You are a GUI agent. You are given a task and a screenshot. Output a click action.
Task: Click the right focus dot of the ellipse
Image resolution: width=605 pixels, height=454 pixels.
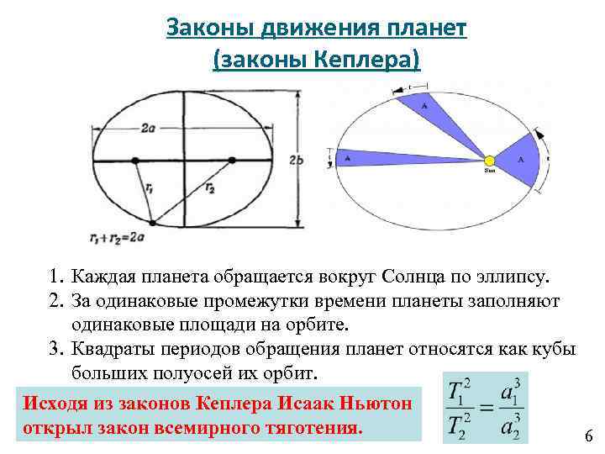click(230, 159)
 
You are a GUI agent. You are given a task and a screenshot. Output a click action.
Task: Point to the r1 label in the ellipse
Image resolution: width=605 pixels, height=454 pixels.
click(148, 189)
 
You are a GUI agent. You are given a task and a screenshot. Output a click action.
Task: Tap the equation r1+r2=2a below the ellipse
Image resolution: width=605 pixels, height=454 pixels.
click(115, 238)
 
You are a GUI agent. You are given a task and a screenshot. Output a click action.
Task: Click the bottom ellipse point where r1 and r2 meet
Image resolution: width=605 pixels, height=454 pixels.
click(152, 224)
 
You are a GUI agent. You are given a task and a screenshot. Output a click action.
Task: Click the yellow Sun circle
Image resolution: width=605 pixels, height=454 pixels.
click(488, 159)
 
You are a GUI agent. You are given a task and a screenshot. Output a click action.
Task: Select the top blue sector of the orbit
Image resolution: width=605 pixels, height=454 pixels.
click(428, 109)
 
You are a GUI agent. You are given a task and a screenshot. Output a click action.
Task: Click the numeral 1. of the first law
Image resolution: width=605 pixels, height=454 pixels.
click(55, 276)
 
